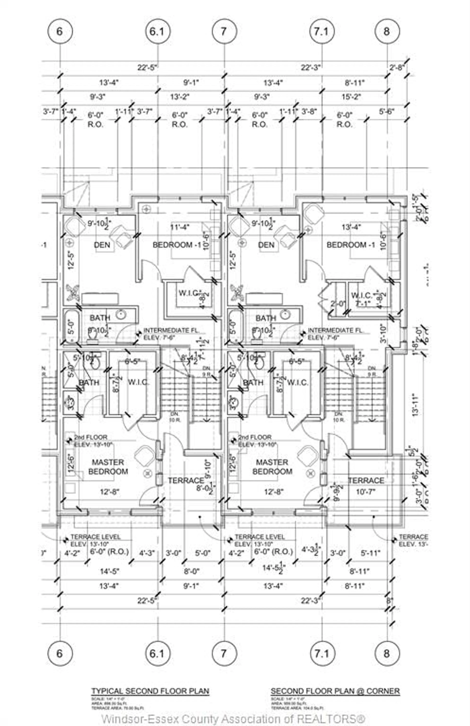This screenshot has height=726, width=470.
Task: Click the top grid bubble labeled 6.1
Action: [x=158, y=31]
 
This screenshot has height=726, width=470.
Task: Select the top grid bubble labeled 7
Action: [x=224, y=31]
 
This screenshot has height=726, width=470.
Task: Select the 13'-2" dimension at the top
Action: [x=180, y=97]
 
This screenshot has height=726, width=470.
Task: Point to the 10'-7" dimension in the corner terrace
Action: [x=365, y=492]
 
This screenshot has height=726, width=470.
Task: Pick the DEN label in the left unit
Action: [x=102, y=245]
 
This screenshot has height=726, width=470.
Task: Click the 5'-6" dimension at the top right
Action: [x=387, y=112]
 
